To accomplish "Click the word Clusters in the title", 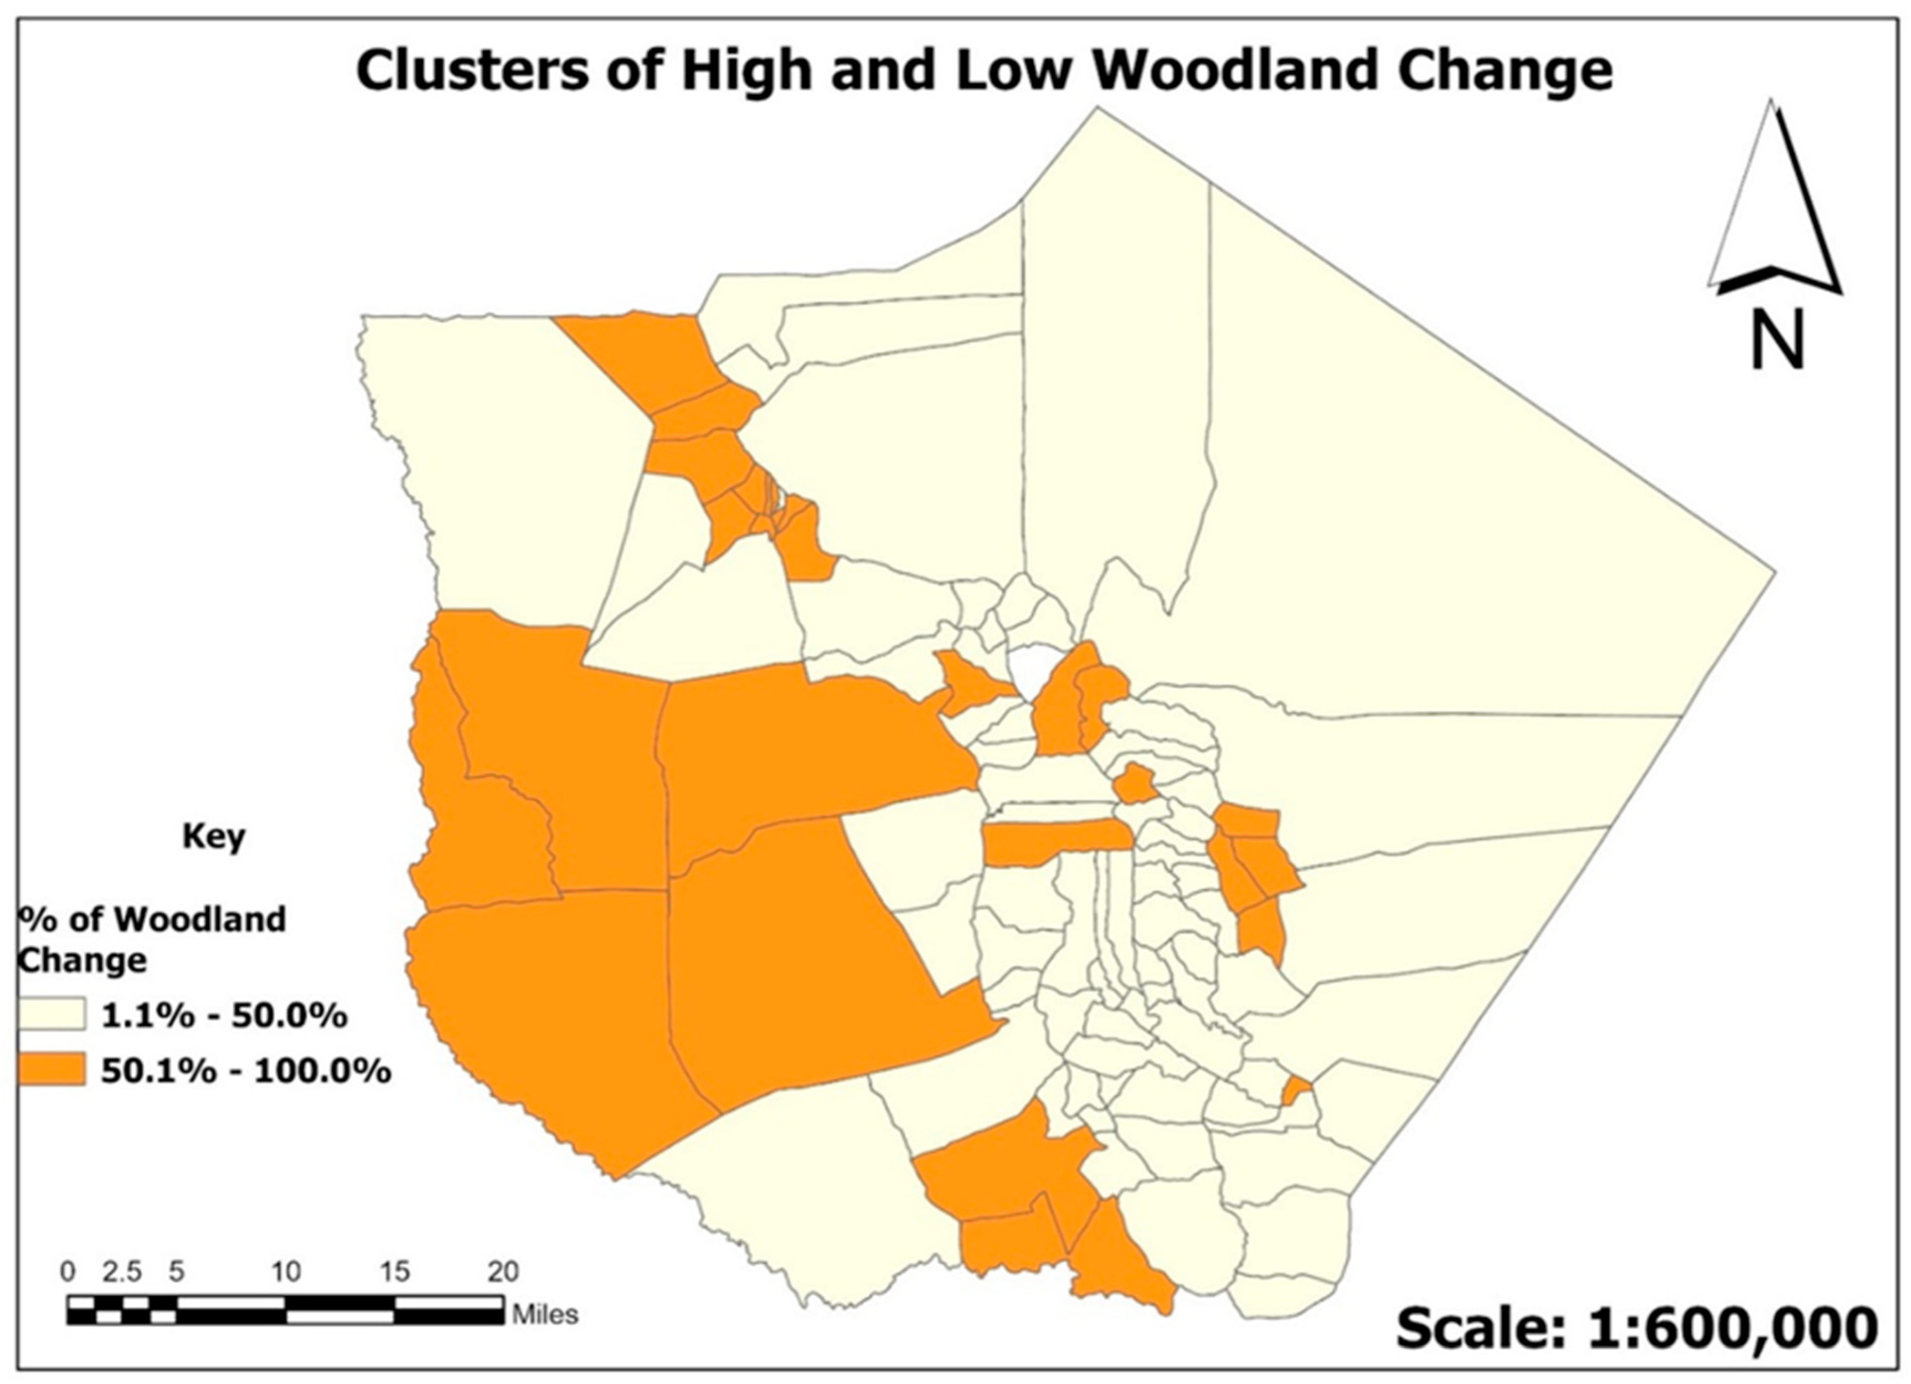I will [x=472, y=71].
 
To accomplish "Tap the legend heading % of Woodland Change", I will [x=152, y=939].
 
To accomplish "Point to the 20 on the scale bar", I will [x=503, y=1271].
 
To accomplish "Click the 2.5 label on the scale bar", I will [x=122, y=1271].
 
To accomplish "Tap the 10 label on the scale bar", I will [x=286, y=1271].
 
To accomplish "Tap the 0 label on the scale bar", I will [x=68, y=1271].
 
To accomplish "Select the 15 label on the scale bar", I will [x=394, y=1271].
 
